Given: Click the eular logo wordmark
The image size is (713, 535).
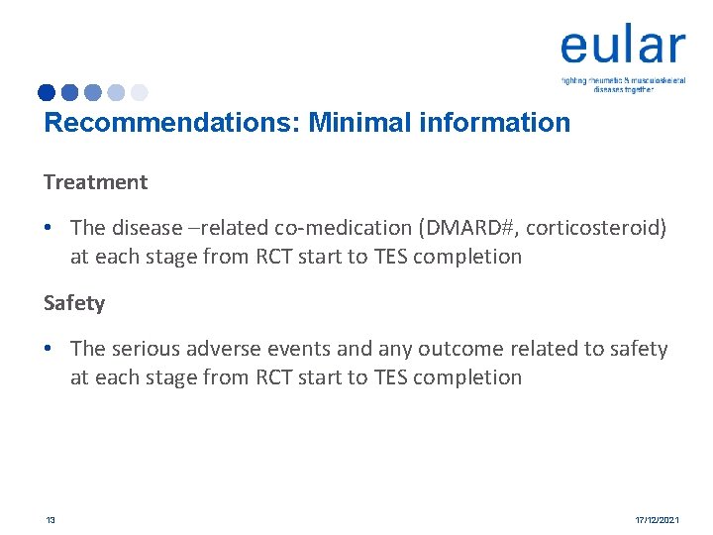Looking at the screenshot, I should coord(622,47).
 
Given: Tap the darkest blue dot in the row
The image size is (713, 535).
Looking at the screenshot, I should coord(47,93).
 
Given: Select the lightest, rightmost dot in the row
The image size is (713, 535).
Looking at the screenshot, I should coord(140,93).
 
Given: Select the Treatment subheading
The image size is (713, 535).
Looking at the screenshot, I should coord(95,182).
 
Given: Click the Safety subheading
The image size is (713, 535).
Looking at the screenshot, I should coord(74,303).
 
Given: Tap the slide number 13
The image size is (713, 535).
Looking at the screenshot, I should coord(50,519).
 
